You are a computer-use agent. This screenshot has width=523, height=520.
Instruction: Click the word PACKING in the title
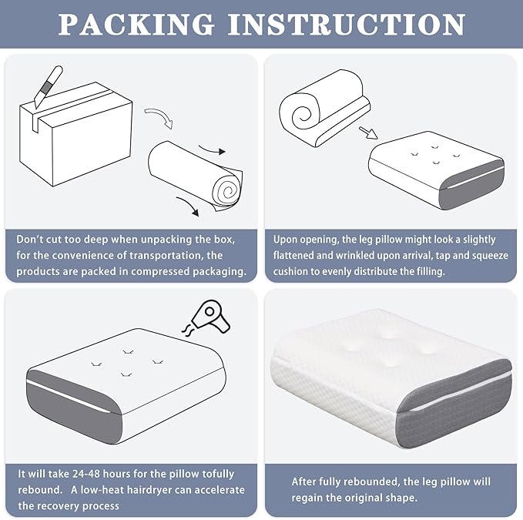tap(136, 24)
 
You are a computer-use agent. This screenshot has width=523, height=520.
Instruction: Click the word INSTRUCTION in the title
tap(347, 24)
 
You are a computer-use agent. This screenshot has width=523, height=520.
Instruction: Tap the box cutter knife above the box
tap(48, 87)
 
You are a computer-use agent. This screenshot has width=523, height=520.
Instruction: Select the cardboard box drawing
tap(75, 134)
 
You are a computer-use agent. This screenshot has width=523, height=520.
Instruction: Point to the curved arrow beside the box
tap(160, 117)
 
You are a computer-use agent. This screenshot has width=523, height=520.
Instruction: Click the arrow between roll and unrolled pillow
tap(368, 133)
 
